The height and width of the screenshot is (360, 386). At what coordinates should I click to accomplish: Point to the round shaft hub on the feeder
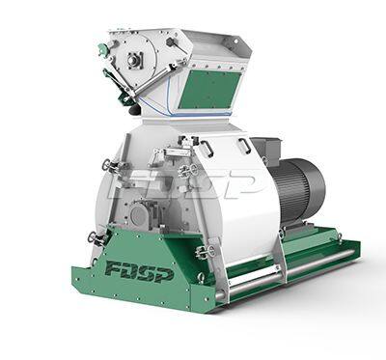click(134, 61)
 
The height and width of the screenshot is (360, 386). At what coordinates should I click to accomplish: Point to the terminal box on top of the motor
click(268, 149)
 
